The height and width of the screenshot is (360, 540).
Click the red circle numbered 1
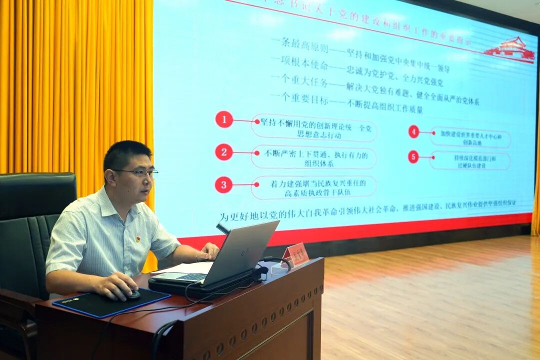click(x=224, y=119)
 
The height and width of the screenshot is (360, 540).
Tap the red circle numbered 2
click(x=224, y=152)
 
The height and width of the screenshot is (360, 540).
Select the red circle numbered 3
click(x=223, y=184)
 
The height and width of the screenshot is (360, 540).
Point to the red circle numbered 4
click(x=413, y=131)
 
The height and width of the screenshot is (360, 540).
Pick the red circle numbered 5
click(x=413, y=156)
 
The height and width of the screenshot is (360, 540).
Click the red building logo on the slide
click(x=510, y=49)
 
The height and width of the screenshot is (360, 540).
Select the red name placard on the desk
click(x=295, y=254)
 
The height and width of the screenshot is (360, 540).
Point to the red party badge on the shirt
click(x=138, y=239)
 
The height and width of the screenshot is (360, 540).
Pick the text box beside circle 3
click(x=313, y=187)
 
